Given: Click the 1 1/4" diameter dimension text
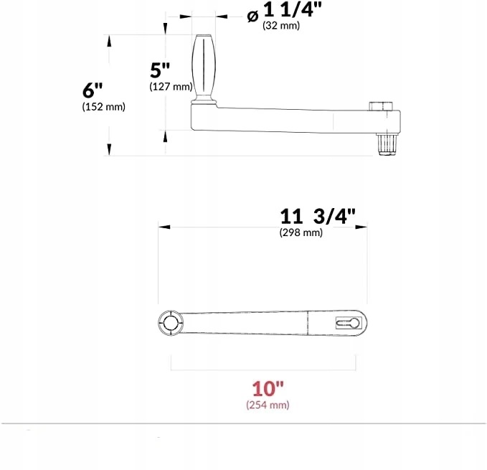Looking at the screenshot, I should [x=293, y=11].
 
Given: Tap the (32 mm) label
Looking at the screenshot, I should [x=280, y=27].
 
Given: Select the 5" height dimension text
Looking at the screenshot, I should [x=160, y=70].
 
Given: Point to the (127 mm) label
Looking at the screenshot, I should [x=170, y=87].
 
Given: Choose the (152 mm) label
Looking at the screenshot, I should [x=104, y=108].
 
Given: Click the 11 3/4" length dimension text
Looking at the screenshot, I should [x=318, y=217].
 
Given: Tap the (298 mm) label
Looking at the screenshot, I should [x=301, y=232].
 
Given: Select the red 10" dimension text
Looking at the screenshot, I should [x=268, y=388].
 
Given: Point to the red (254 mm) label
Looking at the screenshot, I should [x=268, y=405].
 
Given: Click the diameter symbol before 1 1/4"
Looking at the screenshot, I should [x=252, y=15].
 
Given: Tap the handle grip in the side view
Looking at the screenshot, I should [x=203, y=67].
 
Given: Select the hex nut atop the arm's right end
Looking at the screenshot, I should [x=381, y=106].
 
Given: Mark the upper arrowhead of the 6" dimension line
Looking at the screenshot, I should [x=109, y=40].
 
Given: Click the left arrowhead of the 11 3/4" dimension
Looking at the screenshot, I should [x=164, y=227].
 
